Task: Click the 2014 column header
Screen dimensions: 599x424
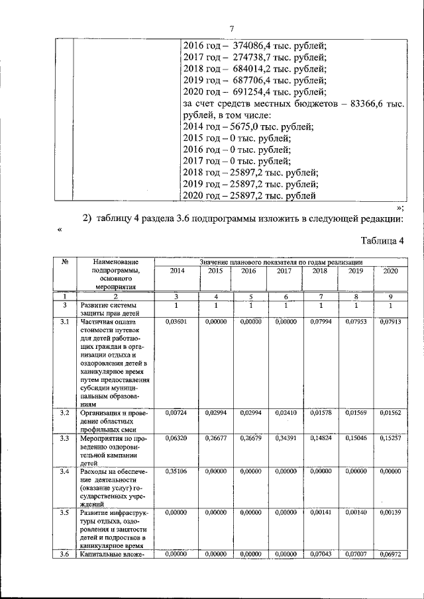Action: tap(177, 271)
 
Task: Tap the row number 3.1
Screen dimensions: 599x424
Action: tap(65, 322)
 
